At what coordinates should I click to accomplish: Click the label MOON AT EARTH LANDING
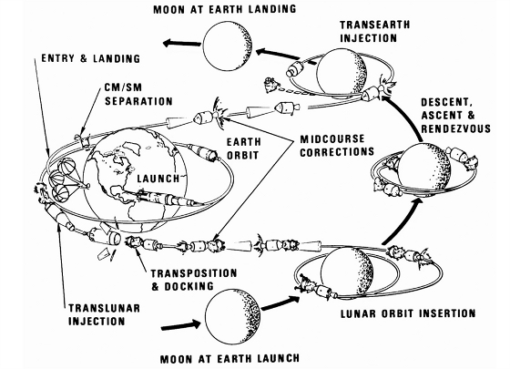225,9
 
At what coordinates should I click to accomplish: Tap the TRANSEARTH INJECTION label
374,31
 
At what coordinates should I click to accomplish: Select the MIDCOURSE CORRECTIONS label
337,146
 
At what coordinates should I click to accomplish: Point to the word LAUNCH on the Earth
158,179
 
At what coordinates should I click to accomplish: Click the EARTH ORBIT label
244,149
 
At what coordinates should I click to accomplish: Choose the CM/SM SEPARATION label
138,95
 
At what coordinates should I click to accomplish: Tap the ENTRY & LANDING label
91,58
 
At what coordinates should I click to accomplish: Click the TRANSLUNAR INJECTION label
104,314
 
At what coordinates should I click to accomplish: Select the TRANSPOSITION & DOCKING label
194,280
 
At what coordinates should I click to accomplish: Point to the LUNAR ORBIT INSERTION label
408,313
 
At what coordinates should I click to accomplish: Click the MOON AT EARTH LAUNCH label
229,359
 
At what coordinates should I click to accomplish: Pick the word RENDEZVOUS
455,128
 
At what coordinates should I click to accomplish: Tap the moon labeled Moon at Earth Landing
228,46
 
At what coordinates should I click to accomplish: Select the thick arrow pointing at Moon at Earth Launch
181,325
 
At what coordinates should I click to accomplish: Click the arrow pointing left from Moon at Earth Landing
182,43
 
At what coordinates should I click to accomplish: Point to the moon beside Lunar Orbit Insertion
347,272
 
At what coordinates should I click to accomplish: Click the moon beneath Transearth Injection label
342,74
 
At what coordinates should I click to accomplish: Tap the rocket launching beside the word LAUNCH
171,199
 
